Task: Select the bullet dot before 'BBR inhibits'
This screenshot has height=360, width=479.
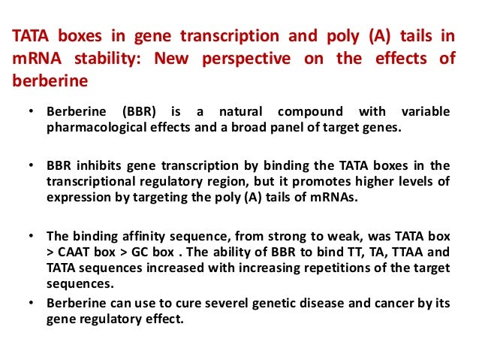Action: (x=32, y=165)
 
